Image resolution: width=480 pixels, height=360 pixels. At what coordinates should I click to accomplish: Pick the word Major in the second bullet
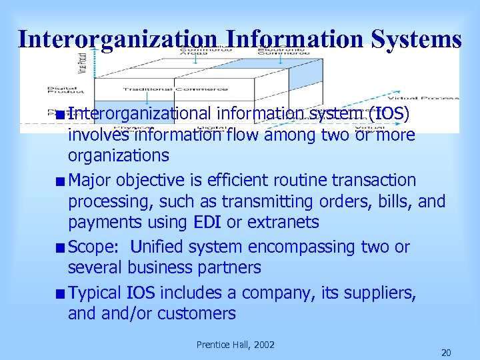pos(89,181)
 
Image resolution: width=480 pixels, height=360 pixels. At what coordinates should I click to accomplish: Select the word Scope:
pos(93,247)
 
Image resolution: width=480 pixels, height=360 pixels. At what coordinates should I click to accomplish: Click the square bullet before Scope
pos(61,248)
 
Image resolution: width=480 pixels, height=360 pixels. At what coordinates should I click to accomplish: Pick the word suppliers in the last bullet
pos(382,293)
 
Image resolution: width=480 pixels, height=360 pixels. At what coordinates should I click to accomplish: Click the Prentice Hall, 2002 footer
pos(235,345)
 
